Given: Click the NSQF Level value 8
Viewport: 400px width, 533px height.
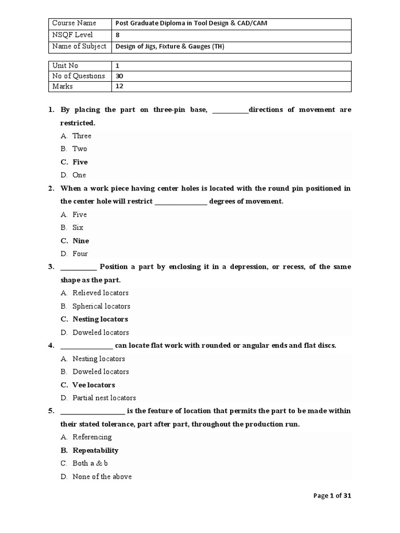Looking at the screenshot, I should pyautogui.click(x=117, y=35).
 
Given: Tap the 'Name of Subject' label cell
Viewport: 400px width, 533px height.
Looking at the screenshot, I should pyautogui.click(x=79, y=46).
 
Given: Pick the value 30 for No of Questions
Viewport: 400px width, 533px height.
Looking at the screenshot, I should pyautogui.click(x=119, y=76).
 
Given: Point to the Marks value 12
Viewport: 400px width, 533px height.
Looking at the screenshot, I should pyautogui.click(x=119, y=86).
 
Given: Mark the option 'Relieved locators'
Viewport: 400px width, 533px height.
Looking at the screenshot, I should pyautogui.click(x=101, y=293).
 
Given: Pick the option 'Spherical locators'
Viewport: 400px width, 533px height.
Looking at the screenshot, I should pyautogui.click(x=101, y=306).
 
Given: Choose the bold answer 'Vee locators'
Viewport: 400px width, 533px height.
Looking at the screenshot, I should pyautogui.click(x=94, y=385).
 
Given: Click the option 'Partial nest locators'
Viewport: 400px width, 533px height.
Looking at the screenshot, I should pyautogui.click(x=104, y=398).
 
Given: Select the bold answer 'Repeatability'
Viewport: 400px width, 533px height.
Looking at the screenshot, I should pyautogui.click(x=95, y=450).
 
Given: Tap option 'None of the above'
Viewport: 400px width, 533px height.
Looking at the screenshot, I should pyautogui.click(x=102, y=477).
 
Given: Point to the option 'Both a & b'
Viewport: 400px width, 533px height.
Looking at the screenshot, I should pyautogui.click(x=90, y=463).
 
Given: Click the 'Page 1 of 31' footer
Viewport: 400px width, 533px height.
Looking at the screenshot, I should pyautogui.click(x=332, y=496).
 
